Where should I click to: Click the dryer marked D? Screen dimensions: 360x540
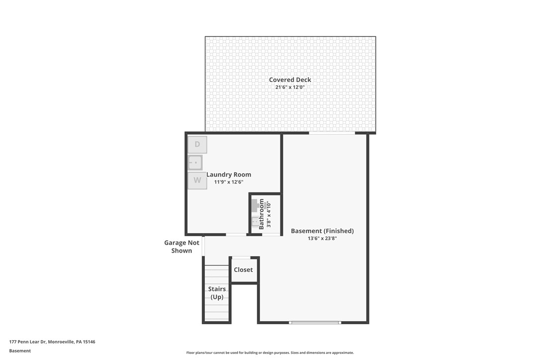point(197,145)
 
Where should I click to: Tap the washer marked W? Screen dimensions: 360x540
point(197,180)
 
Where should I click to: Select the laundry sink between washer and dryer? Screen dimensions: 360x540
point(195,163)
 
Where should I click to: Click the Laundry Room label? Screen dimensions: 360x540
point(229,175)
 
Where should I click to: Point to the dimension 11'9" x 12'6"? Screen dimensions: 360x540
point(229,182)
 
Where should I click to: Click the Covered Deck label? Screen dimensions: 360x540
point(290,80)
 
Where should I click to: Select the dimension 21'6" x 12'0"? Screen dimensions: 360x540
point(290,88)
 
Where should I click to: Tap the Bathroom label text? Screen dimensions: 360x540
point(262,214)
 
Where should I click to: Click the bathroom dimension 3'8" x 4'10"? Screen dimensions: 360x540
point(269,214)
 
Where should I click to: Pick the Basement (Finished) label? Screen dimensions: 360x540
point(322,231)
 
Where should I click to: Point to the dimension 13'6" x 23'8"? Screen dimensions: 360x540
point(322,239)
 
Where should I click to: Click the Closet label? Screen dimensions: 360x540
point(243,270)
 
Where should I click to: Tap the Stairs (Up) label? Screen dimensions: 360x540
point(217,293)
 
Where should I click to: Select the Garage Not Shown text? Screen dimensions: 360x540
point(182,247)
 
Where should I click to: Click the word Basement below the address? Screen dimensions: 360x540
point(20,351)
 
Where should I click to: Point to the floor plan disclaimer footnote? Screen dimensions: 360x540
point(270,353)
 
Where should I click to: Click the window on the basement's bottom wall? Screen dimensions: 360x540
point(315,323)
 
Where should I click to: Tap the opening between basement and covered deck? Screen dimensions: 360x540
point(332,133)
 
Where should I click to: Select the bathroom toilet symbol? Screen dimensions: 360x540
point(255,222)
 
